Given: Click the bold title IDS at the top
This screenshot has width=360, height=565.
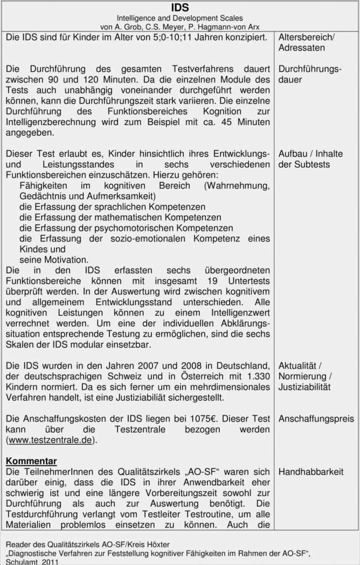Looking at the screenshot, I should (x=179, y=7).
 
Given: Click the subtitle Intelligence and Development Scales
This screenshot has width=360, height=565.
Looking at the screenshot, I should (x=179, y=18).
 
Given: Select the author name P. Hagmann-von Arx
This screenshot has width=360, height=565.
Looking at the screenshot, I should (x=227, y=27).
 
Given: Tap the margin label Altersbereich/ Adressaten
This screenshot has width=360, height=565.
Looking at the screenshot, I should (x=306, y=42).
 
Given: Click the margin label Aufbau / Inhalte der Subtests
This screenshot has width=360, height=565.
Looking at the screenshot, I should (x=310, y=159).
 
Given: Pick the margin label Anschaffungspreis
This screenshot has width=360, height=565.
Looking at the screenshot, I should (x=316, y=419).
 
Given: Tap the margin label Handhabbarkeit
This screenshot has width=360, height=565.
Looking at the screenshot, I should (x=311, y=472).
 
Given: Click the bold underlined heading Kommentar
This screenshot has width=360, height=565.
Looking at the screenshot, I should (x=31, y=461).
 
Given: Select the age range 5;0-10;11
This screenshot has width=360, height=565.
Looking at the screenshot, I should (x=146, y=38).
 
